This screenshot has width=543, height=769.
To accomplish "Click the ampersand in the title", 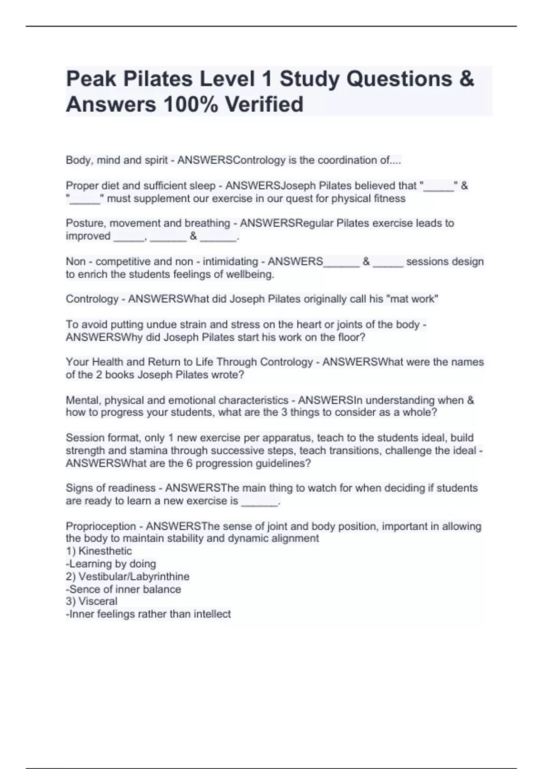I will click(x=466, y=79).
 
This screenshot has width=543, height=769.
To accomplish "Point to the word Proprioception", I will click(x=100, y=526).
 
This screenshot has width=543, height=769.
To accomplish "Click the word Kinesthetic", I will click(x=105, y=551).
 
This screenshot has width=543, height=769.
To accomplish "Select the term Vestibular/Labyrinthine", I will click(x=133, y=576).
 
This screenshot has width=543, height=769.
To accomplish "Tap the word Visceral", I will click(x=98, y=601).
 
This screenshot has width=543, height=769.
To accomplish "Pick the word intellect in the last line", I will click(x=212, y=614).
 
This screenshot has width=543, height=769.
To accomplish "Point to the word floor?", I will click(x=352, y=337).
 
